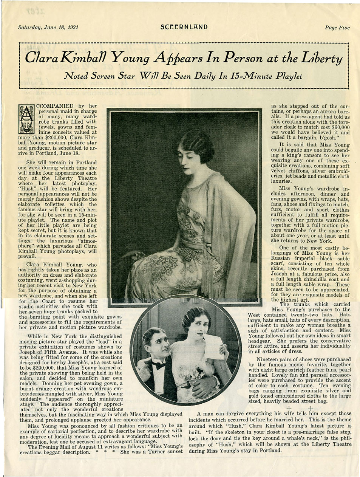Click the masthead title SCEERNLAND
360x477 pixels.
coord(184,27)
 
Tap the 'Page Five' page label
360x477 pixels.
coord(337,27)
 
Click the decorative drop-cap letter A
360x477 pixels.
coord(26,118)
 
